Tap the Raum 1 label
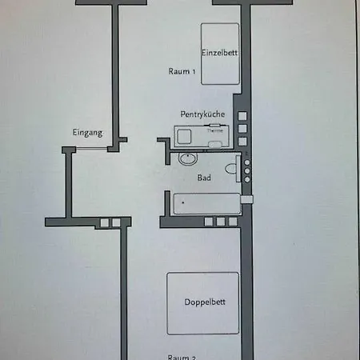pyautogui.click(x=182, y=72)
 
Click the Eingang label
pyautogui.click(x=87, y=133)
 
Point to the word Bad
pyautogui.click(x=204, y=178)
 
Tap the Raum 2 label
pyautogui.click(x=182, y=357)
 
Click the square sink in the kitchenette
pyautogui.click(x=185, y=137)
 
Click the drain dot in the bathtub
pyautogui.click(x=182, y=202)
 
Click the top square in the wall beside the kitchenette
pyautogui.click(x=242, y=116)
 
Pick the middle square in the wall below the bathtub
pyautogui.click(x=219, y=221)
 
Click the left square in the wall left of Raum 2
pyautogui.click(x=105, y=222)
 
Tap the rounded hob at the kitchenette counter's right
pyautogui.click(x=215, y=143)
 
